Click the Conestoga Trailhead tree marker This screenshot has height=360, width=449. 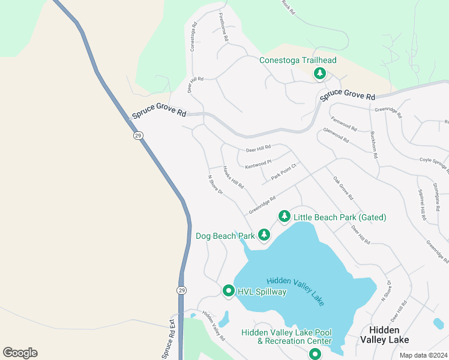click(x=320, y=73)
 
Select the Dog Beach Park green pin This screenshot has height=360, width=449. click(x=264, y=235)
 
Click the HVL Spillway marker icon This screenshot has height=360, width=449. click(x=228, y=291)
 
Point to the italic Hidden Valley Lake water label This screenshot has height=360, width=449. click(x=295, y=291)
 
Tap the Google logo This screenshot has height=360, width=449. click(x=20, y=353)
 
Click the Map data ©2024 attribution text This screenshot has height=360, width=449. click(x=423, y=355)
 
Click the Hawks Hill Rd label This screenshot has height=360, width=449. click(x=233, y=178)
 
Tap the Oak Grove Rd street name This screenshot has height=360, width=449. click(x=343, y=188)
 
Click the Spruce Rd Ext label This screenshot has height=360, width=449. click(x=171, y=340)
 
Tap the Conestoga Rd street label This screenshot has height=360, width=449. click(x=194, y=37)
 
